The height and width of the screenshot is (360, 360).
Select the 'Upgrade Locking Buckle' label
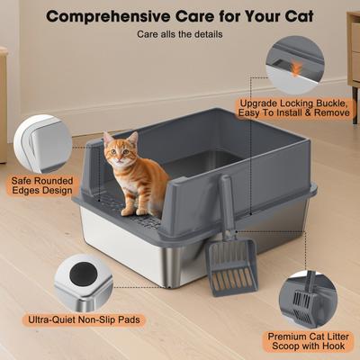point(292,108)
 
